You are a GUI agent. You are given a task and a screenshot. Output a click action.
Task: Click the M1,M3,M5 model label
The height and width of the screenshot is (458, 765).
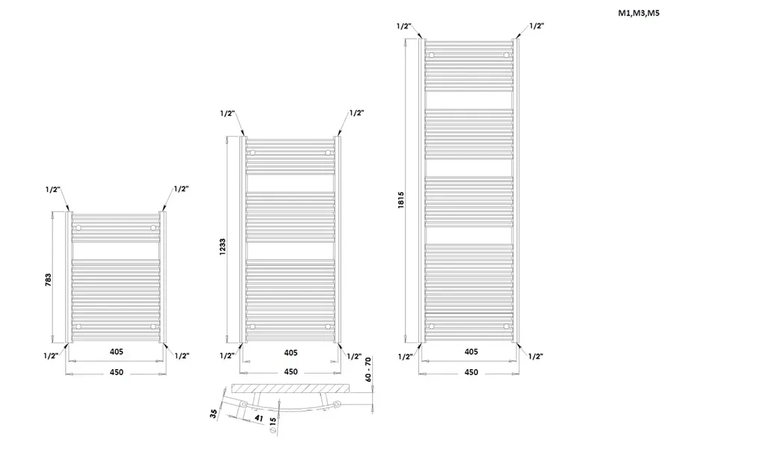point(639,13)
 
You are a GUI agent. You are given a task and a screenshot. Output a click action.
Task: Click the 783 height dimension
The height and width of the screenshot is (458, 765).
point(49,279)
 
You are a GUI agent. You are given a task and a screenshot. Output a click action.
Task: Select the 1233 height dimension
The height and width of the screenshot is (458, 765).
point(223,247)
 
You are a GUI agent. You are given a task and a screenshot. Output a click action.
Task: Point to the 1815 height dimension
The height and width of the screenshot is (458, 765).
point(401,200)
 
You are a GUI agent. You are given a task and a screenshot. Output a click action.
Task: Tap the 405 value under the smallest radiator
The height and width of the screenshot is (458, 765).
point(116,351)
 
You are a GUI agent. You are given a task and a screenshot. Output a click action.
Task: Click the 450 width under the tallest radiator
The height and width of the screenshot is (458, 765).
point(471,372)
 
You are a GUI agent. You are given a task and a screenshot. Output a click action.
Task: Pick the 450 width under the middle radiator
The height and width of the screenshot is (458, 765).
point(291,371)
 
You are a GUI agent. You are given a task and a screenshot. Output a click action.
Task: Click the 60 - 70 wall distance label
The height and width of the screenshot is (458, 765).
point(368,369)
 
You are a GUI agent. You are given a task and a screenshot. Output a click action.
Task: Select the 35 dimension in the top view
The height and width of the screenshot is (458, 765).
point(213,414)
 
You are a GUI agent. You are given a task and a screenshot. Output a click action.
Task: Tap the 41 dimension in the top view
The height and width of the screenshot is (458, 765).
point(258,418)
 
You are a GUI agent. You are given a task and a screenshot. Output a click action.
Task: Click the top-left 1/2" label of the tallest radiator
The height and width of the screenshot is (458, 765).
point(403,26)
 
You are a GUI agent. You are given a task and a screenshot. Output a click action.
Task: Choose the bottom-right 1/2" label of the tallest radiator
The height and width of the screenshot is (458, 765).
point(536,356)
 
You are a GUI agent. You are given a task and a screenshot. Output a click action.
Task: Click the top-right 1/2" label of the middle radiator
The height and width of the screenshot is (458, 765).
point(356,113)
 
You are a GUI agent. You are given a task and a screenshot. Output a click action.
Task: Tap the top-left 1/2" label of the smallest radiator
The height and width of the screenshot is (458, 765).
point(53,189)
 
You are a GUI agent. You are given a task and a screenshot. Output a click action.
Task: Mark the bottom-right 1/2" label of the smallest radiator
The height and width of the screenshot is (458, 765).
point(182,356)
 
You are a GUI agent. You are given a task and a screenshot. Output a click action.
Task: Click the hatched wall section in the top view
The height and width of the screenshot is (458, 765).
point(291,389)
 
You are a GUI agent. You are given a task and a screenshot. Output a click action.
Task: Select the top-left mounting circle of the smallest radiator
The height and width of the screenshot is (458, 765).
point(78,228)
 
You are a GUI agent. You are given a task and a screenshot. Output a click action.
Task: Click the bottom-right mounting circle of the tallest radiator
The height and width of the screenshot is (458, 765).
point(507,326)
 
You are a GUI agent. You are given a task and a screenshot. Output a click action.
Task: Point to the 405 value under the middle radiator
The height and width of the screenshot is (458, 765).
point(291,352)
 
